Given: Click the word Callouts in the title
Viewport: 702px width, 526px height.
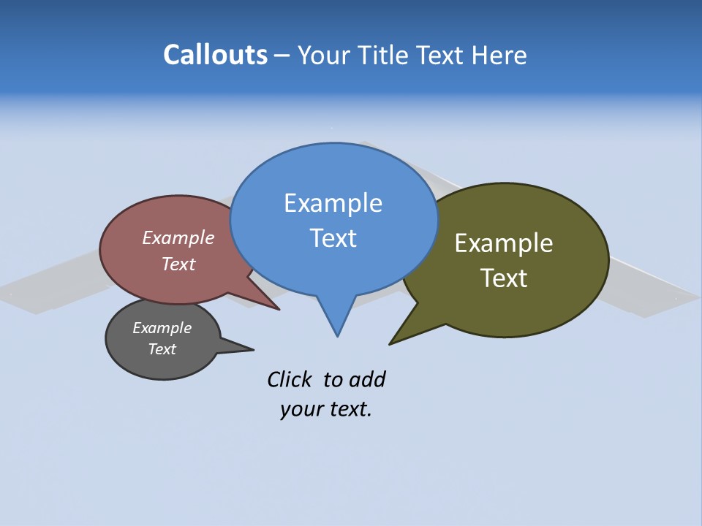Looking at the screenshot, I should (x=215, y=55).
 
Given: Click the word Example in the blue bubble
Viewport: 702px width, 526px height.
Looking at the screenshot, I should (x=333, y=203).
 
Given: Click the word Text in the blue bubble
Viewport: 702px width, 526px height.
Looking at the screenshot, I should (x=333, y=238).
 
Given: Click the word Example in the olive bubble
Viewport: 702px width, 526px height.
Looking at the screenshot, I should (x=504, y=243).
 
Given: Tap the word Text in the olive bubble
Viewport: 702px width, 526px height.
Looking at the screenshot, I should (x=504, y=278).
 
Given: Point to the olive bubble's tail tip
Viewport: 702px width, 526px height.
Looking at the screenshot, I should (x=390, y=343).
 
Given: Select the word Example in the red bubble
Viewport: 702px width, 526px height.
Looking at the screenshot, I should (x=178, y=237).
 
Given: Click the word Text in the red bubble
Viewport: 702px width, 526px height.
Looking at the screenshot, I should (x=178, y=264).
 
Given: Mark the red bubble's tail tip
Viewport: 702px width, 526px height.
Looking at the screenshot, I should (x=279, y=310).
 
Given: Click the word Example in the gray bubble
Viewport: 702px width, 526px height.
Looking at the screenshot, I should (x=162, y=328).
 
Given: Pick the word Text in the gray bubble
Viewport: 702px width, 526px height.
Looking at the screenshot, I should (x=162, y=349).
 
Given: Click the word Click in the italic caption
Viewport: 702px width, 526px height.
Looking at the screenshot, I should (x=289, y=379).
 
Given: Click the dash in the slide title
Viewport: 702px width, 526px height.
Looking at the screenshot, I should (x=282, y=56).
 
